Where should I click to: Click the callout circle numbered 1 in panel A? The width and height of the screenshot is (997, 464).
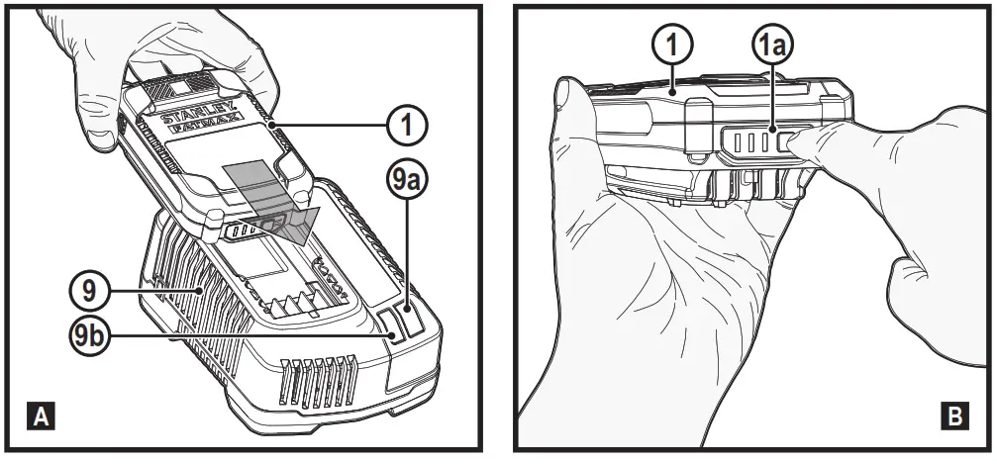pos(406,124)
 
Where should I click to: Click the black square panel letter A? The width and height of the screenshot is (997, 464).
pos(42,418)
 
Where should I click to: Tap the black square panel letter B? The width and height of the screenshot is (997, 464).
pos(953,418)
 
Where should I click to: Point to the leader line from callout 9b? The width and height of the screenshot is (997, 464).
pos(248,336)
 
